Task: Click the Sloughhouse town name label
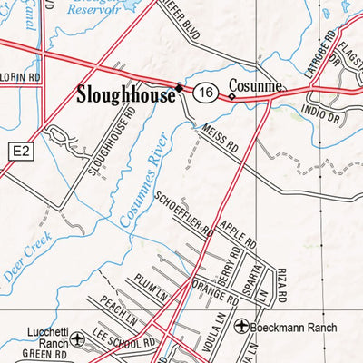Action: [x=125, y=93]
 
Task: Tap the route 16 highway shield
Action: [x=207, y=92]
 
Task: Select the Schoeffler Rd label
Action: [x=184, y=212]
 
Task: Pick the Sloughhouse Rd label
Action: [x=109, y=142]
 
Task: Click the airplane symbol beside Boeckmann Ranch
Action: [x=242, y=325]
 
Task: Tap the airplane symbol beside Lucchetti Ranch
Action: [x=80, y=339]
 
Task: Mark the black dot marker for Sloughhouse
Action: [x=180, y=88]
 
